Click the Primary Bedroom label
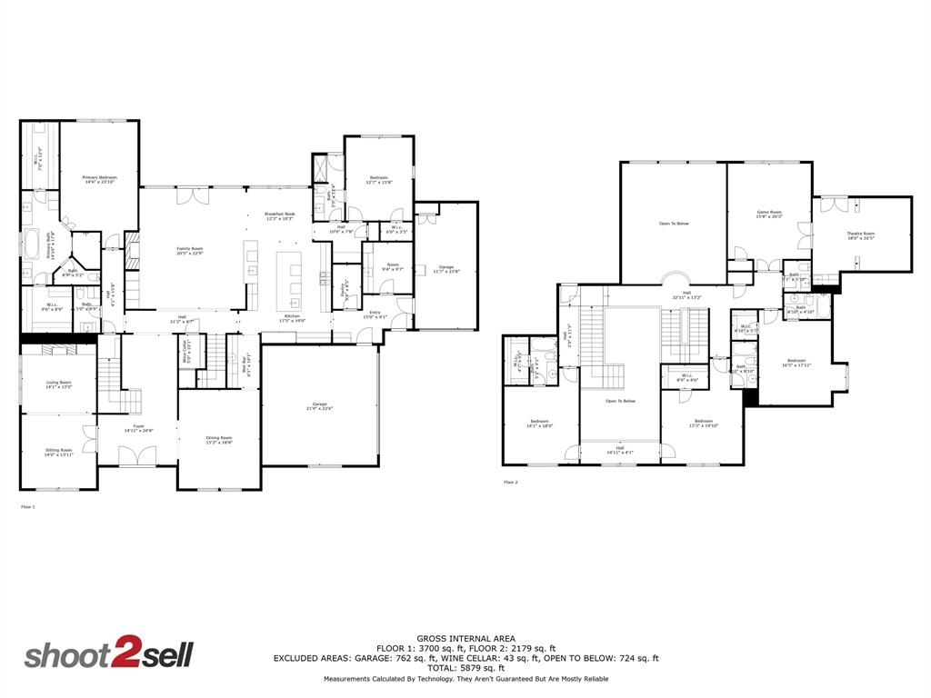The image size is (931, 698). coord(100,179)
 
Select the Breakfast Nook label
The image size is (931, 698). coord(279,216)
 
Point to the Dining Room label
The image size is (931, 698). coord(219,440)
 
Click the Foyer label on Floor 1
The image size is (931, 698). coord(139,427)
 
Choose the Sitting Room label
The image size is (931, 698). coord(59,452)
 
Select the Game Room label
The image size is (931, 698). coord(769,214)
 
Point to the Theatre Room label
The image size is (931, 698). coord(860,235)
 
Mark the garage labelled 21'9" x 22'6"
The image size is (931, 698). coord(319,405)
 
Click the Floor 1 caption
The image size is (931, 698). coord(27,506)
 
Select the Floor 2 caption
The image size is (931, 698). coord(510,483)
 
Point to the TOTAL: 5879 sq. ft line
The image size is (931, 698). coord(464,668)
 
